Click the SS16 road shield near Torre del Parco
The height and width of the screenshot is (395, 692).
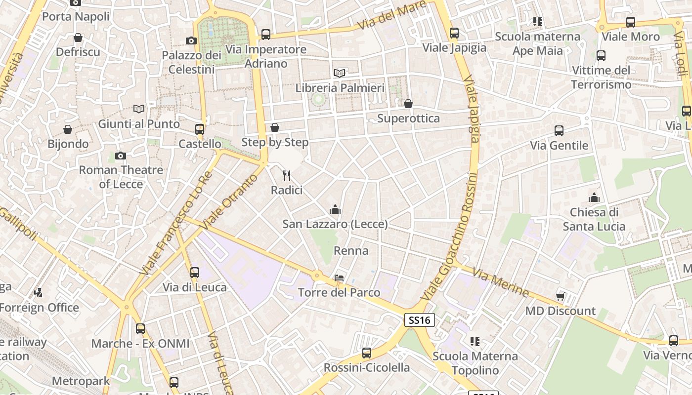point(420,320)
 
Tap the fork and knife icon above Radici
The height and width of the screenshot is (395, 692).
point(286,175)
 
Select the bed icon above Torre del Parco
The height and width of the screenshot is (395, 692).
point(339,277)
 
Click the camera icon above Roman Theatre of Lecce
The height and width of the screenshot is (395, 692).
point(120,156)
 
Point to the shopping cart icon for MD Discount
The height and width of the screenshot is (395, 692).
point(560,296)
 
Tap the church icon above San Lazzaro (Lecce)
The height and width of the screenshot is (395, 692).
point(335,209)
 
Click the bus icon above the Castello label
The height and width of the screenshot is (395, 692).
point(200,129)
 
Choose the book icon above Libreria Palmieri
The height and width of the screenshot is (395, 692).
point(339,73)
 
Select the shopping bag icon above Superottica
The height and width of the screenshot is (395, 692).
point(408,104)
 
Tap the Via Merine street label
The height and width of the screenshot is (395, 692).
point(500,282)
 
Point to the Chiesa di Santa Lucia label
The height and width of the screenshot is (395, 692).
point(594,219)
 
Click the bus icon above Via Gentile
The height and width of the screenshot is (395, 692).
point(559,131)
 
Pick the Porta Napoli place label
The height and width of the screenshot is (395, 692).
point(76,16)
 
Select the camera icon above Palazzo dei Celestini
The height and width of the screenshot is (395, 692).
point(191,40)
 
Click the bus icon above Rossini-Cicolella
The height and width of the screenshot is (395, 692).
point(366,353)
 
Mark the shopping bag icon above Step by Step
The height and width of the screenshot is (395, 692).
point(275,127)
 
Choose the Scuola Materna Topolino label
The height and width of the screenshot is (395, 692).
point(475,363)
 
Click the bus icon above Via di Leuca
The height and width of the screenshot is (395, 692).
point(195,272)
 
